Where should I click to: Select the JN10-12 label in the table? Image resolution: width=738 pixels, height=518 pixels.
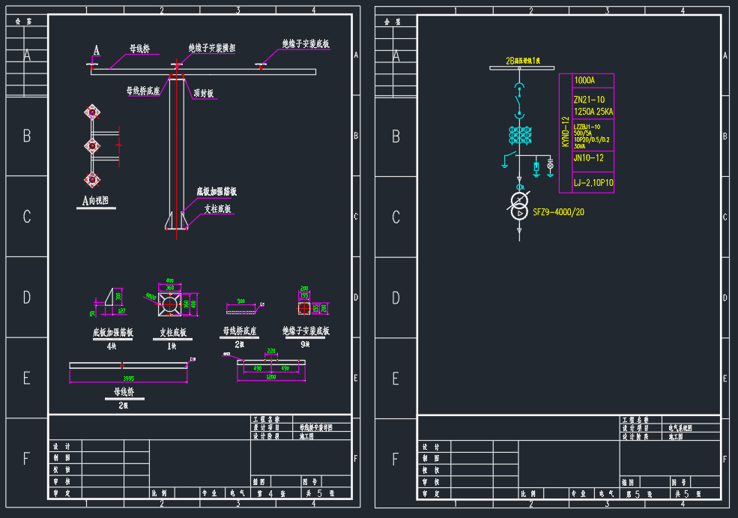[589, 158]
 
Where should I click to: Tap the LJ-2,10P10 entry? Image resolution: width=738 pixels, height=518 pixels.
[593, 182]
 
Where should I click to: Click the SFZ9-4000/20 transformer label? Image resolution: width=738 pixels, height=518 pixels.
[559, 212]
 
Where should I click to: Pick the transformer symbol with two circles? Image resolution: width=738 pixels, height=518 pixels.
[519, 206]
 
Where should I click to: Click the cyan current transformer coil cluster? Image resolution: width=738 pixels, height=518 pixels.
[520, 135]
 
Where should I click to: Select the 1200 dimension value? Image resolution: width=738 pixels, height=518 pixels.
[270, 377]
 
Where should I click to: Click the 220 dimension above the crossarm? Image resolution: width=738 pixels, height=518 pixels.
[270, 351]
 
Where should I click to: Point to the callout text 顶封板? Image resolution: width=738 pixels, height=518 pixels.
[204, 94]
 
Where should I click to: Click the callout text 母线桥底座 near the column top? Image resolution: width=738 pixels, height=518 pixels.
[143, 91]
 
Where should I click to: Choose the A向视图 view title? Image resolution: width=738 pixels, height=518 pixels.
[97, 201]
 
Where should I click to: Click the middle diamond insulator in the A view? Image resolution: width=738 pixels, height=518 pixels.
[92, 145]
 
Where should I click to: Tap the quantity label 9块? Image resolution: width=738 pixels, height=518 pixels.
[305, 344]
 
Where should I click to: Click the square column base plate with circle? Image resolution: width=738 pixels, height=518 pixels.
[170, 304]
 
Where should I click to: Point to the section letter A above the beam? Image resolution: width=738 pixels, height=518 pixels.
[96, 50]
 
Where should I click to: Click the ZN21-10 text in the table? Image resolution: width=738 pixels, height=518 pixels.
[589, 100]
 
